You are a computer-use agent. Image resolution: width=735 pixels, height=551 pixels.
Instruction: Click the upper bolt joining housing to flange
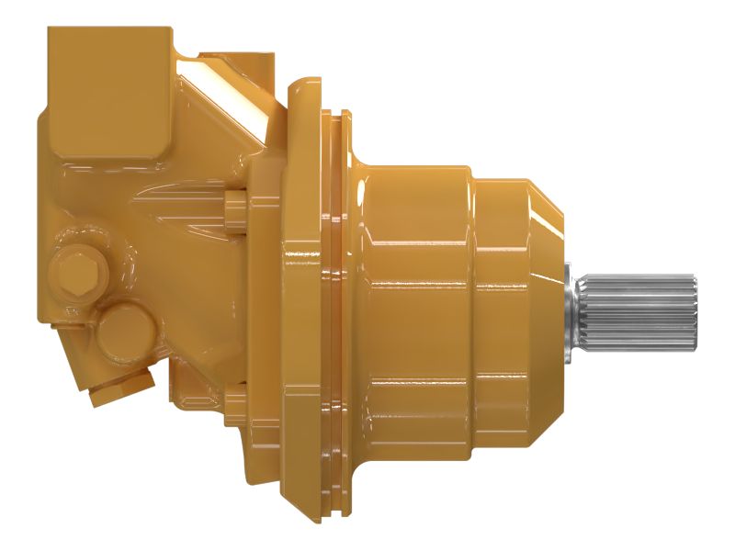click(x=233, y=203)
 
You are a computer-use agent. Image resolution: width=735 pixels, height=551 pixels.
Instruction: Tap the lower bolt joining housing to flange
click(x=233, y=403)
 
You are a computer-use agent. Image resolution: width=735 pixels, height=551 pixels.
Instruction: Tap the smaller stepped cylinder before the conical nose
click(x=501, y=303)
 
